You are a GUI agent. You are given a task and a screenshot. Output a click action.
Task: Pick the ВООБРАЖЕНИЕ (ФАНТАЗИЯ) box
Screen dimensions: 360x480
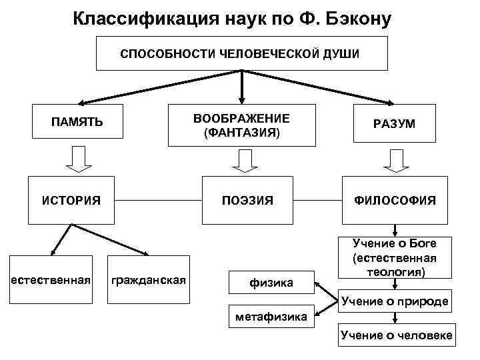coord(241,125)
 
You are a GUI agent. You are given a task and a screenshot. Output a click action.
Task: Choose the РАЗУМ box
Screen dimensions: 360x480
coord(394,125)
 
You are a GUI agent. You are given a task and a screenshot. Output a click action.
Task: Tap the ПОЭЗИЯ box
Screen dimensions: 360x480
coord(248,199)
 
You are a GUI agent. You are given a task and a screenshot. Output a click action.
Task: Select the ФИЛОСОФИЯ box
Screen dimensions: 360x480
coord(394,199)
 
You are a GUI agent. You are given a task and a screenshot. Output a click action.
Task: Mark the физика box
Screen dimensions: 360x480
coord(271,283)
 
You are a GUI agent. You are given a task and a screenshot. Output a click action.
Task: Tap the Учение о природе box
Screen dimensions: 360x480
coord(395,301)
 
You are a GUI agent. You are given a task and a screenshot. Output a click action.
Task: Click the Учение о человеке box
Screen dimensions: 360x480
coord(396,335)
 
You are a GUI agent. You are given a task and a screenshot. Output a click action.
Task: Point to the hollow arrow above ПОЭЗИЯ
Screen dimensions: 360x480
coord(245,161)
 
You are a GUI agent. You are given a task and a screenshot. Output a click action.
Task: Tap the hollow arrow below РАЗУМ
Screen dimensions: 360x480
coord(394,161)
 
